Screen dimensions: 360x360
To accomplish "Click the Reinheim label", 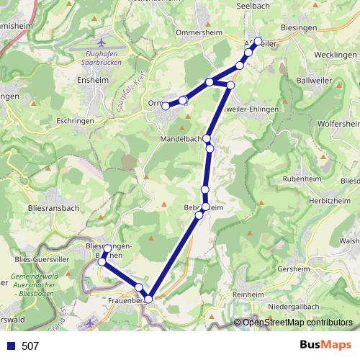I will pos(248,295).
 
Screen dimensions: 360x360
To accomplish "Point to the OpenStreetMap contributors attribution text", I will pos(296,323).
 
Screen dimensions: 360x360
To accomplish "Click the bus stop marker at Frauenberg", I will pos(148,298).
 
